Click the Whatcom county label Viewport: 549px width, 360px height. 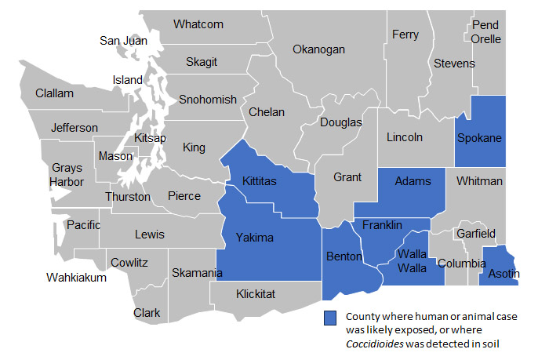[x=198, y=24]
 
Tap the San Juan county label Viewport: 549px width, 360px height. [x=123, y=41]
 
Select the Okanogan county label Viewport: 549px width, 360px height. [x=318, y=49]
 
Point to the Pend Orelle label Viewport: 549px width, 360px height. [x=486, y=32]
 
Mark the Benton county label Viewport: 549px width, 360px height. [x=344, y=256]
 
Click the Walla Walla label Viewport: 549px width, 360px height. [x=413, y=261]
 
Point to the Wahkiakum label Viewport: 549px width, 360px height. [x=76, y=277]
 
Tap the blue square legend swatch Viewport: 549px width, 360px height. [x=331, y=318]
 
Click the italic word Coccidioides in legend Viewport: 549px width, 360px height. [x=375, y=343]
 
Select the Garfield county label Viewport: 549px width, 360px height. [x=477, y=234]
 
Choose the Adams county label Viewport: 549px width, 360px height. [x=413, y=181]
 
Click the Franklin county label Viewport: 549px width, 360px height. [x=382, y=225]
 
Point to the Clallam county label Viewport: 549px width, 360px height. [x=55, y=93]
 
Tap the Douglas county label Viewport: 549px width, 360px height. [x=341, y=122]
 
